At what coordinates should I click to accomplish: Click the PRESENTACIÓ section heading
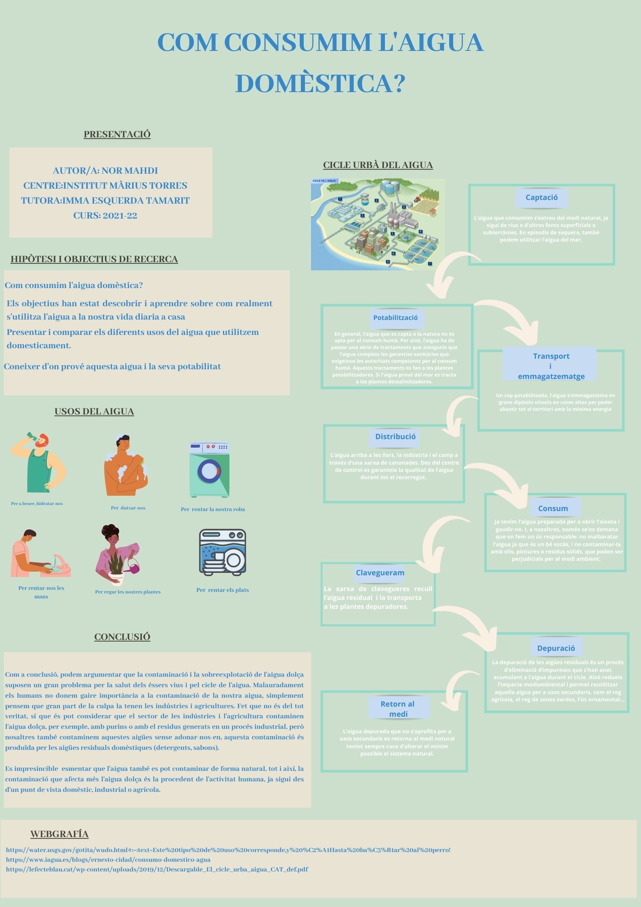point(117,134)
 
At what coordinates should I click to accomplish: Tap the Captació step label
point(541,198)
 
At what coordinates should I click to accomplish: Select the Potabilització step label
point(395,318)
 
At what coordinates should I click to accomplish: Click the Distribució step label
point(395,436)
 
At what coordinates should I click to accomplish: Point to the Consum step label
point(553,509)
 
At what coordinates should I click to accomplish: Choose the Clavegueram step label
point(380,572)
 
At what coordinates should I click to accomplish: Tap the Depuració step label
point(556,648)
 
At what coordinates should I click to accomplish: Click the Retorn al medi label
point(398,709)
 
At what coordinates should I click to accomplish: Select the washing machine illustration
point(209,470)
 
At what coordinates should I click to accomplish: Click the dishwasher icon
point(223,552)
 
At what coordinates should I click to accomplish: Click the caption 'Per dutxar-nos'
point(128,508)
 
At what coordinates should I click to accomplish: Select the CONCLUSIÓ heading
point(122,637)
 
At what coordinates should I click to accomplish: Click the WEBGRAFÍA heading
point(59,834)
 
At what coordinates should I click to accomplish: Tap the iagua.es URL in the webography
point(108,859)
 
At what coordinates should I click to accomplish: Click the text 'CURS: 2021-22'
point(105,216)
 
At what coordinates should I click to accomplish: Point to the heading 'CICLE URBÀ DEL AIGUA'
point(378,165)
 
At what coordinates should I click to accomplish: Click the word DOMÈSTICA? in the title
point(320,83)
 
